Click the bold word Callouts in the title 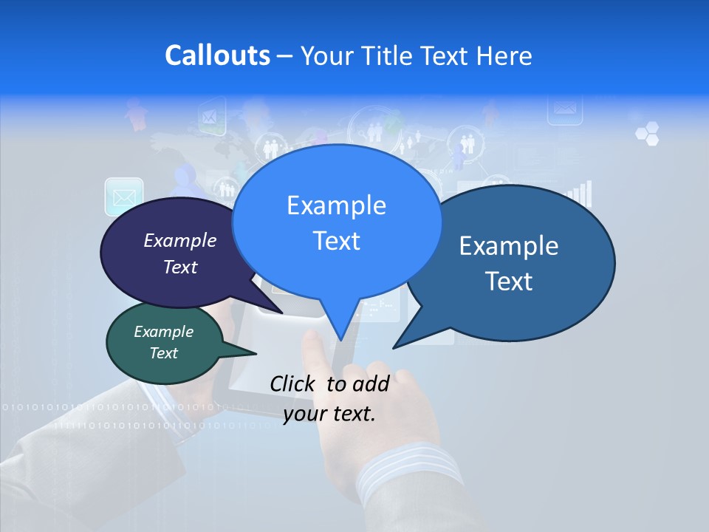[x=217, y=55]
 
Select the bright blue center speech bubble [x=336, y=222]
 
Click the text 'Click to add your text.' [x=329, y=398]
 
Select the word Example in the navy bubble [x=179, y=240]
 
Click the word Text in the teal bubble [x=164, y=353]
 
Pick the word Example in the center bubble [x=336, y=205]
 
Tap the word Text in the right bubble [x=509, y=281]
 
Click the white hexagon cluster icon [x=647, y=134]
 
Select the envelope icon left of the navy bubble [x=123, y=197]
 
